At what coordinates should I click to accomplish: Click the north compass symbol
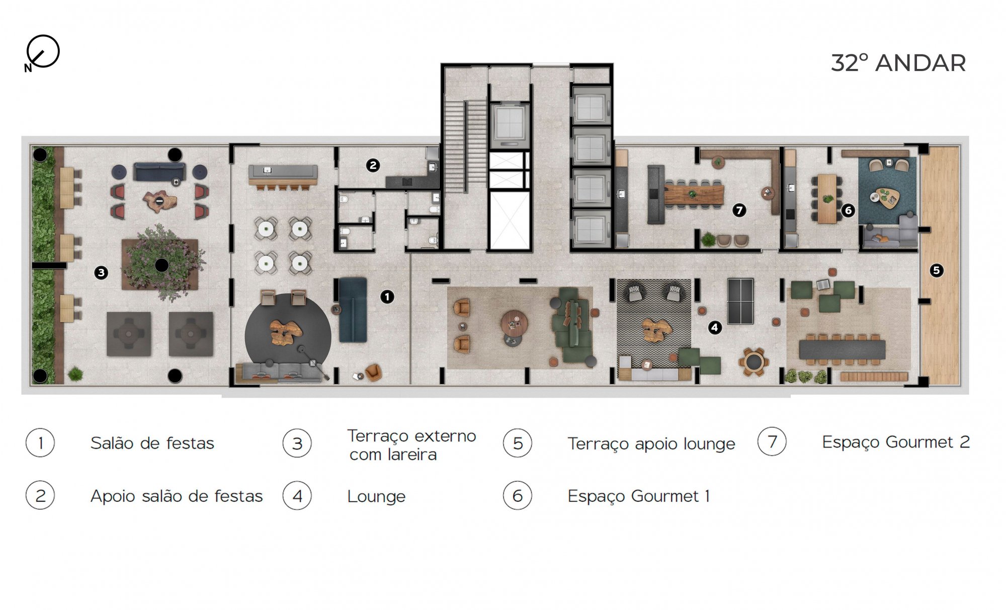click(43, 52)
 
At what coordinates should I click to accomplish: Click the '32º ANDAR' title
click(898, 63)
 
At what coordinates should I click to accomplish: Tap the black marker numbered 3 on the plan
click(101, 273)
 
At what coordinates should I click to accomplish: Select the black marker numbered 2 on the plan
click(373, 165)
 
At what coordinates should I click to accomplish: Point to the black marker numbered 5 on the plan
click(936, 270)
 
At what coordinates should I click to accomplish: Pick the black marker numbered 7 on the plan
click(739, 210)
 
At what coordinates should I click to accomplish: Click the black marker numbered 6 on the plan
click(848, 210)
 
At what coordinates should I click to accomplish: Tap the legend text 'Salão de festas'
click(152, 443)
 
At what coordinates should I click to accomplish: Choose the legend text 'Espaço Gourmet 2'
click(895, 442)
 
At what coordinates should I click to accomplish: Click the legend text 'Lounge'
click(376, 496)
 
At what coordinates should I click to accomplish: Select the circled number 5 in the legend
click(518, 443)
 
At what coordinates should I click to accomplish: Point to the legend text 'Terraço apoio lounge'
click(651, 444)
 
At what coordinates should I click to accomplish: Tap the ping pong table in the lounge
click(740, 301)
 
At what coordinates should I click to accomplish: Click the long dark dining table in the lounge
click(842, 349)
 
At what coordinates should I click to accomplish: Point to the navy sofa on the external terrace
click(159, 172)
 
